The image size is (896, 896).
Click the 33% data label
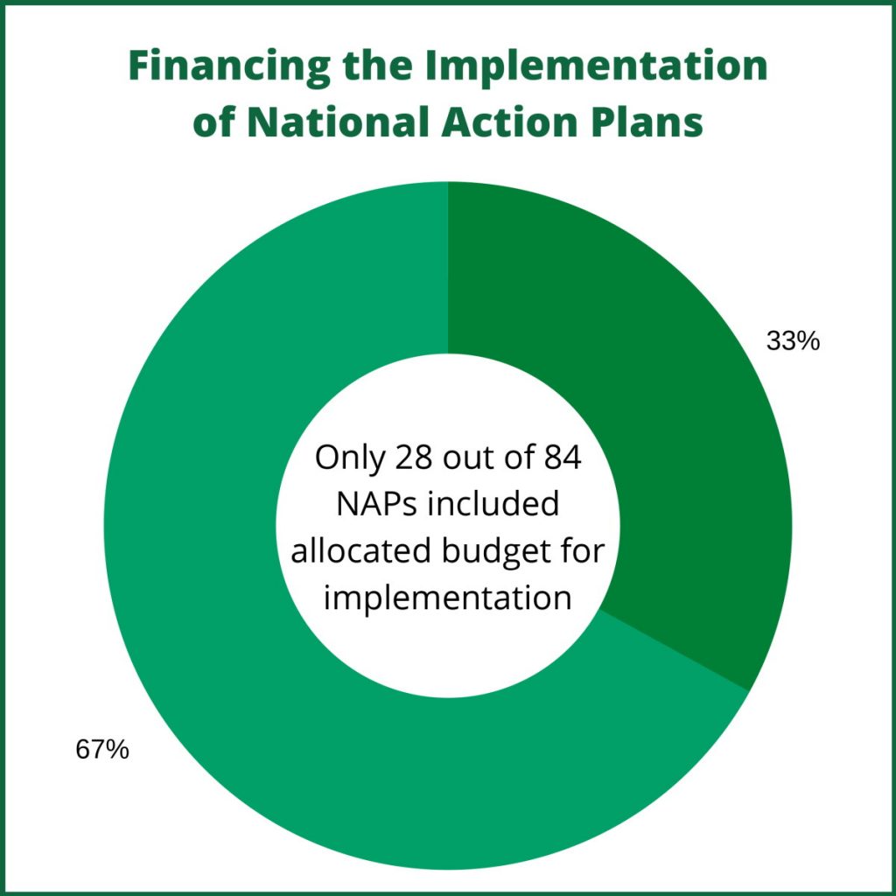click(x=793, y=342)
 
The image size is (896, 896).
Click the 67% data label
click(x=102, y=750)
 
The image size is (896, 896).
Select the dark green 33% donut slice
click(x=657, y=400)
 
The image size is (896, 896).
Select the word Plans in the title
click(x=647, y=122)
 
